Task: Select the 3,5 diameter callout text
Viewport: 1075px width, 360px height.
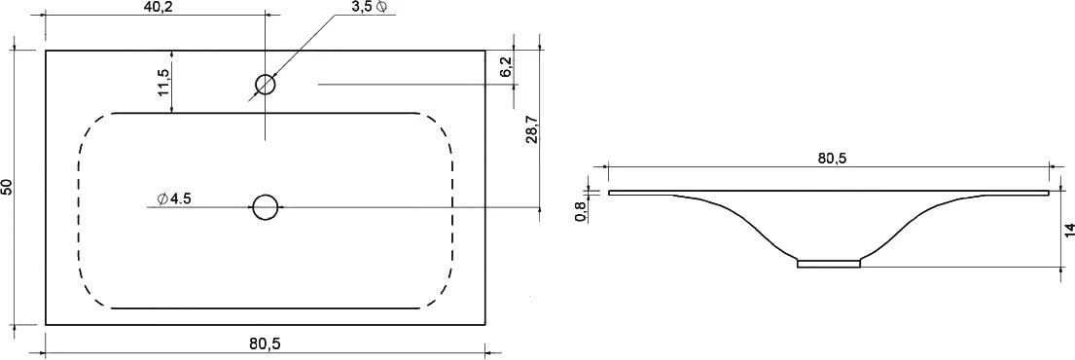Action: click(x=368, y=7)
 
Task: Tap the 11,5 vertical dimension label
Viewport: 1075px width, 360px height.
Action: click(x=163, y=81)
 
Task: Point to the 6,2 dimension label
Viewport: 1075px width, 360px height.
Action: click(x=506, y=67)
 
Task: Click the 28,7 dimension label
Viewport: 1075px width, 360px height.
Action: click(x=532, y=128)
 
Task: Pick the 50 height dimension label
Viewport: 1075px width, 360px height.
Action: click(x=6, y=187)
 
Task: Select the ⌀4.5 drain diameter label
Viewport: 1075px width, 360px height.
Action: click(x=173, y=198)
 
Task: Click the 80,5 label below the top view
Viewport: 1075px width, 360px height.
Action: click(x=264, y=342)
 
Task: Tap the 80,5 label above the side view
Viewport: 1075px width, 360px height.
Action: click(x=833, y=158)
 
